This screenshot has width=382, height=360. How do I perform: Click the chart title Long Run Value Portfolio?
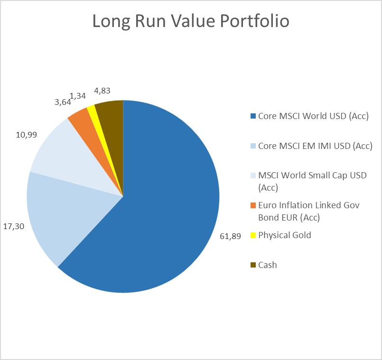pyautogui.click(x=190, y=22)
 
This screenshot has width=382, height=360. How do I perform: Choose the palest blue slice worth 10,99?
pyautogui.click(x=62, y=152)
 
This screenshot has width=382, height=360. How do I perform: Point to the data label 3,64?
pyautogui.click(x=61, y=102)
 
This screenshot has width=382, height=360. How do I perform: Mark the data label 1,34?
pyautogui.click(x=77, y=96)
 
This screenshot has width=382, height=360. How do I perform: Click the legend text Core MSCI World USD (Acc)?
pyautogui.click(x=313, y=116)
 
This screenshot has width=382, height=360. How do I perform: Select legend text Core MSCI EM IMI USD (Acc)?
pyautogui.click(x=315, y=146)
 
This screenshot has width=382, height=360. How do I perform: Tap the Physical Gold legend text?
pyautogui.click(x=285, y=235)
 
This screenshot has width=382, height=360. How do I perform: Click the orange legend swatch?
pyautogui.click(x=253, y=206)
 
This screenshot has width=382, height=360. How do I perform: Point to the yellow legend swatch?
pyautogui.click(x=253, y=235)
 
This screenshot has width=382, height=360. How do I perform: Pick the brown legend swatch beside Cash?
pyautogui.click(x=253, y=265)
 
